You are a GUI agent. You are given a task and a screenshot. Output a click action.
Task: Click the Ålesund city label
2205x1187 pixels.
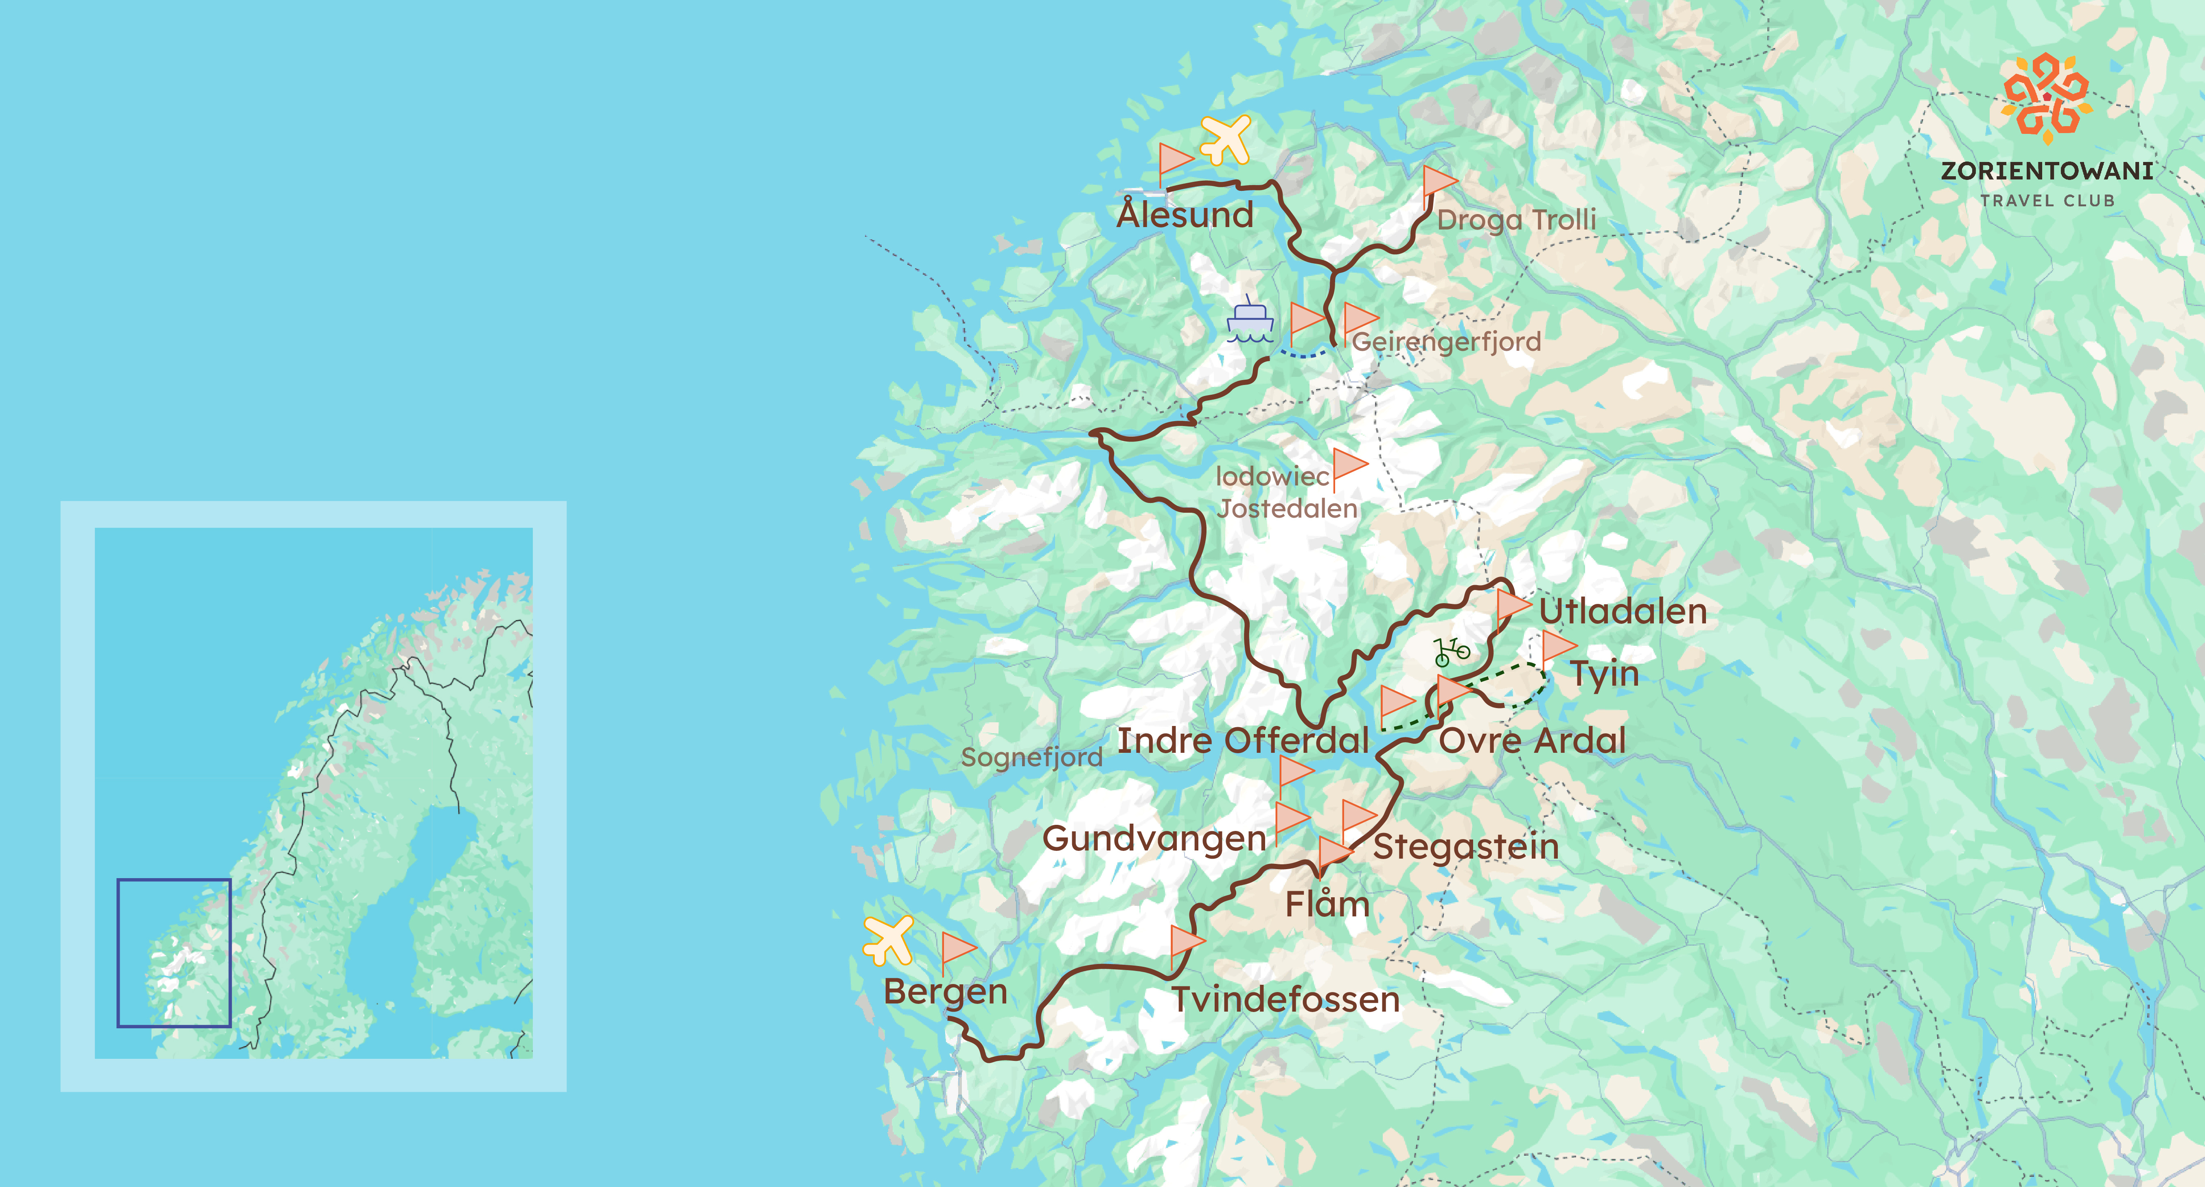1185,214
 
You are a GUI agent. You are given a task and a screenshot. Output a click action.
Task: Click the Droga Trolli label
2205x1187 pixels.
1516,220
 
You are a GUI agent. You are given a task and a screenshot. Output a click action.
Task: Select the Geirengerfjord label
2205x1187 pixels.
1446,341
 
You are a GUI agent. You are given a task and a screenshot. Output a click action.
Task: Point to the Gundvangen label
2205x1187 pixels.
1154,839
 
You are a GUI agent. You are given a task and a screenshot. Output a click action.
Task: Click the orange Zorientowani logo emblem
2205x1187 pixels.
2046,96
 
